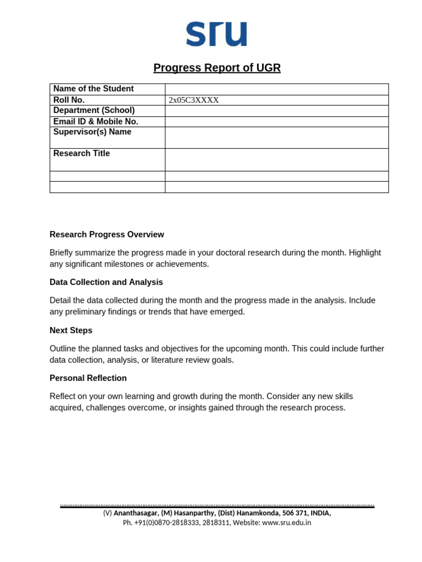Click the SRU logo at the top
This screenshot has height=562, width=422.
click(x=216, y=34)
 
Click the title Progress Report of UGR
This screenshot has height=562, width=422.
click(x=216, y=68)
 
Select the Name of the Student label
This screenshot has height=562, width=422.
click(x=93, y=89)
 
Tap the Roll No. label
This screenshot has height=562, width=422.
click(x=69, y=100)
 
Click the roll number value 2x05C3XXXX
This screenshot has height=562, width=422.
click(x=193, y=100)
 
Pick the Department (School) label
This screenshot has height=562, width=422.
click(x=93, y=110)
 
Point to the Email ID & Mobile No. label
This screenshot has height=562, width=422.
click(x=96, y=121)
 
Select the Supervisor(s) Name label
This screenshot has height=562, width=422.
click(x=92, y=132)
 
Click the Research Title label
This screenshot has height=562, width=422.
click(x=81, y=154)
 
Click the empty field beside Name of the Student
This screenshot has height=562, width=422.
click(x=276, y=89)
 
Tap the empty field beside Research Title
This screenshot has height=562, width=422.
click(x=276, y=159)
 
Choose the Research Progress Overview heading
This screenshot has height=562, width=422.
click(x=107, y=235)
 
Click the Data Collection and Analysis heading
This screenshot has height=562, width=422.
click(x=106, y=283)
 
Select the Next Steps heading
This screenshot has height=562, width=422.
click(x=71, y=330)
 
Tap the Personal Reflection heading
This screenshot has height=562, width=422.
click(x=88, y=378)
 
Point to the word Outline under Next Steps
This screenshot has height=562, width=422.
click(x=63, y=349)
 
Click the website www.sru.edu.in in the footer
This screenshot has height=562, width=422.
click(x=286, y=523)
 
